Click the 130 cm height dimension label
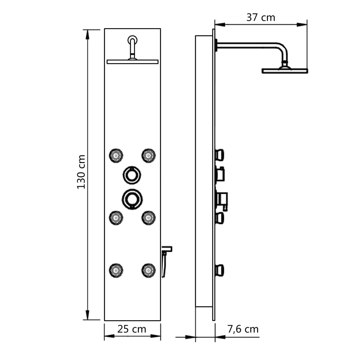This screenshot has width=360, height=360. click(82, 172)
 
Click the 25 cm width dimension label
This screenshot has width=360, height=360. click(132, 329)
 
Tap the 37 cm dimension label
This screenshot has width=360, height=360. click(261, 17)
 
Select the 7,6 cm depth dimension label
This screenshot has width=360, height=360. click(243, 329)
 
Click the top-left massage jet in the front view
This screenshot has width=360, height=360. click(116, 155)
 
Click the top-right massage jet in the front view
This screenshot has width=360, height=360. click(148, 155)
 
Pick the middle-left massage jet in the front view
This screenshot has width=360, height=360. click(116, 218)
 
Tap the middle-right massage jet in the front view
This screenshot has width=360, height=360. click(148, 218)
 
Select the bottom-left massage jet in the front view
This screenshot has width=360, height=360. click(116, 270)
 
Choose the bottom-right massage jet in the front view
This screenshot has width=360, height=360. click(148, 270)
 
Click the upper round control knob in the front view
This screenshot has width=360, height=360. click(132, 174)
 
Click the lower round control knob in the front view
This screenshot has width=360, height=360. click(132, 199)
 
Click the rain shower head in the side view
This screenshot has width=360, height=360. click(285, 71)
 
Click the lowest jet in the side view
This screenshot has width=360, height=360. click(220, 270)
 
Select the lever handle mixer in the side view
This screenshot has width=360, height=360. click(222, 200)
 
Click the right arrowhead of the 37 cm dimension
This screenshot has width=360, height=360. click(303, 25)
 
